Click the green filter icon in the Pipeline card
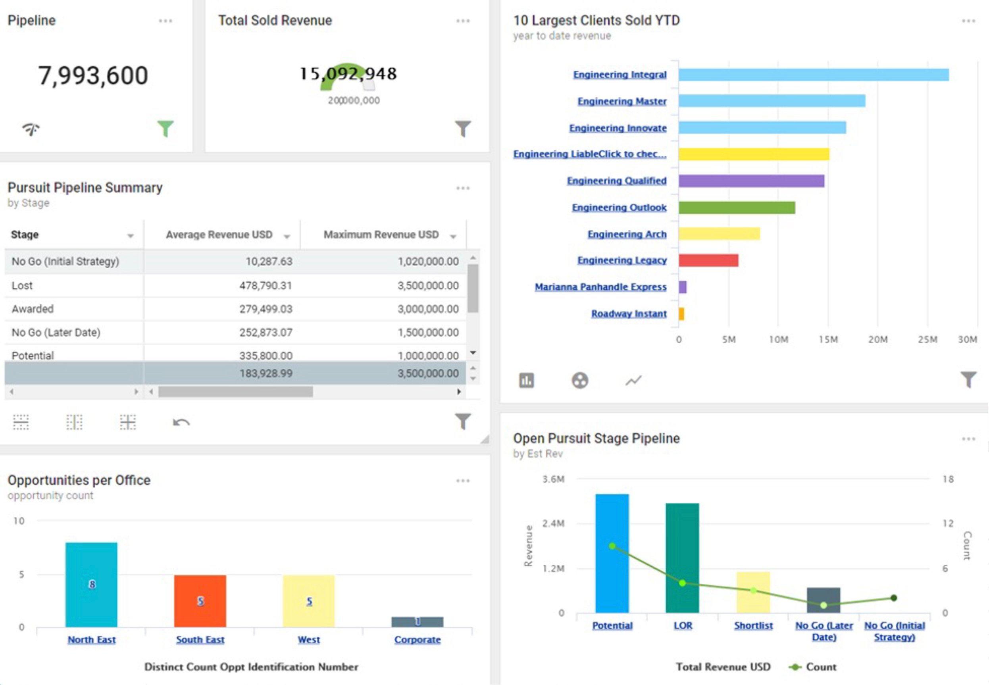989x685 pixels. [165, 128]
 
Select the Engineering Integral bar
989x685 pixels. [814, 75]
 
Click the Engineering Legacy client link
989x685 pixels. [622, 260]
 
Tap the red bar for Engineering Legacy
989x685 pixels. [708, 260]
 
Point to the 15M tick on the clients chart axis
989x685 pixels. [827, 339]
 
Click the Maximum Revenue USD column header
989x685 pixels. [381, 235]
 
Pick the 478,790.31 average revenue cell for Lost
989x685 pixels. [266, 285]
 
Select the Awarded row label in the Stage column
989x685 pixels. [33, 309]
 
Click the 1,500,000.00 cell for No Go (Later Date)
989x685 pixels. [428, 332]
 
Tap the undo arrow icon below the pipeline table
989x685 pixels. [181, 422]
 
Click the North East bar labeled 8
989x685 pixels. [91, 585]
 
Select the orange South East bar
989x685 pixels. [200, 601]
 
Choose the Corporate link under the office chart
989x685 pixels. [418, 639]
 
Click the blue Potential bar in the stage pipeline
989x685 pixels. [612, 553]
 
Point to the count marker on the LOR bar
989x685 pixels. [683, 583]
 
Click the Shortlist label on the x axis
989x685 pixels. [753, 625]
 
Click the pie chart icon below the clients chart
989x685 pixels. [580, 380]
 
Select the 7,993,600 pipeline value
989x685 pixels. [93, 75]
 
